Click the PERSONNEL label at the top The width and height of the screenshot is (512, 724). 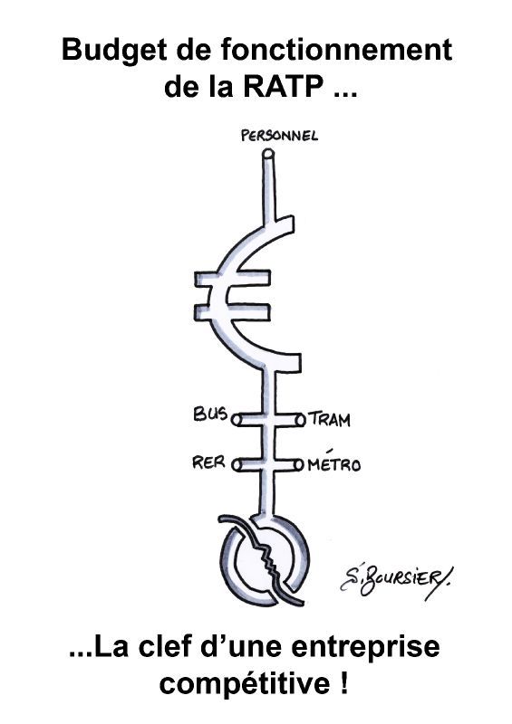tap(279, 135)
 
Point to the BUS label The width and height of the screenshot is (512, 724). tap(210, 414)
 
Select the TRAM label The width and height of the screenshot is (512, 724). tap(329, 420)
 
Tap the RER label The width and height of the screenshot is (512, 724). tap(208, 462)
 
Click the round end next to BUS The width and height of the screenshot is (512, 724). tap(236, 420)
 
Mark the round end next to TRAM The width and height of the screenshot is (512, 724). tap(301, 420)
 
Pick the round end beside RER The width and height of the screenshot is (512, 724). tap(237, 465)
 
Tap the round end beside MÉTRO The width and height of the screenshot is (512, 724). tap(299, 465)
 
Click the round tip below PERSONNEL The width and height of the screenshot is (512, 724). tap(268, 153)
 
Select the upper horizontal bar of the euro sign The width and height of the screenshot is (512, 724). tap(232, 280)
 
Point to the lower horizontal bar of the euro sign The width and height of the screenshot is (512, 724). tap(232, 311)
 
